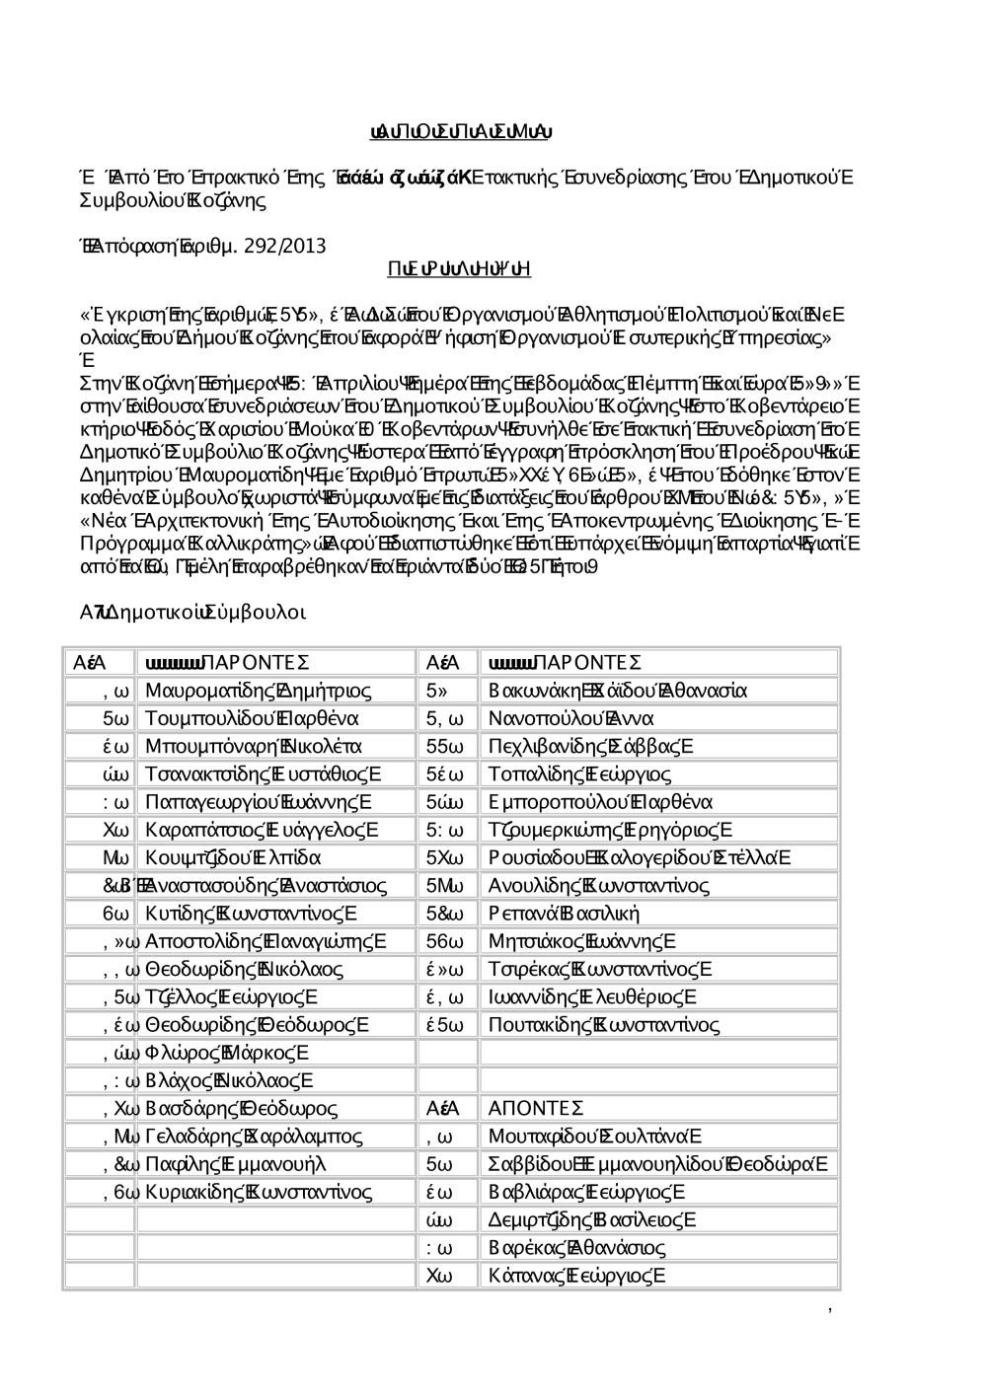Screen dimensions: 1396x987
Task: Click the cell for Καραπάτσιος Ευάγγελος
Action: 262,830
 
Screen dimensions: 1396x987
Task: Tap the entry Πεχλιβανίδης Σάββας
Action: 591,746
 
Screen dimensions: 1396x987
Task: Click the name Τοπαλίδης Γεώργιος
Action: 580,774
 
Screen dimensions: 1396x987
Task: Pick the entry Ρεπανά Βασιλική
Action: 565,914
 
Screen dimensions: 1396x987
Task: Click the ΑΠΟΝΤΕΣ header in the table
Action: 536,1109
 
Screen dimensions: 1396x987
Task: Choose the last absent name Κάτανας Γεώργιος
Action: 577,1276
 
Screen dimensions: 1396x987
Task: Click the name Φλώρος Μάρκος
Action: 228,1053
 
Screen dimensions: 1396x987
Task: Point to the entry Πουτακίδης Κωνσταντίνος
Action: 604,1025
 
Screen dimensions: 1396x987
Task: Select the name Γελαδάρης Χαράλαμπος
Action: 254,1137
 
